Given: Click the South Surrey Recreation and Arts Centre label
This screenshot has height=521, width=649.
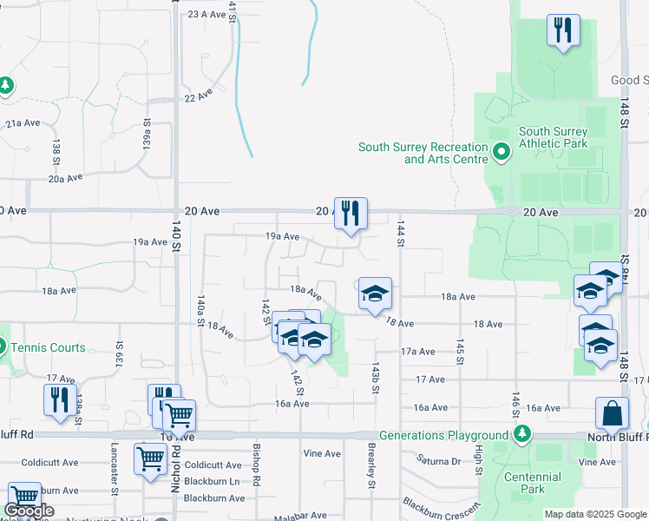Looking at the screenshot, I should [423, 153].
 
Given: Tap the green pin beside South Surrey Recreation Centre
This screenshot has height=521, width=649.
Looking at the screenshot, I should [501, 153].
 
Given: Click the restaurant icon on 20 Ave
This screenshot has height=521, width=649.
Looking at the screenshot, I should [351, 213].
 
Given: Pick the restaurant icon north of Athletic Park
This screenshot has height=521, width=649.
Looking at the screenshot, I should [563, 30].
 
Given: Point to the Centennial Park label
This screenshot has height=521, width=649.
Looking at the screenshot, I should [535, 483].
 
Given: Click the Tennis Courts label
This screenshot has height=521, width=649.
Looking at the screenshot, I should [49, 347].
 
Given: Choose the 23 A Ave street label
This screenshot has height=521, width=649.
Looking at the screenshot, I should [206, 14].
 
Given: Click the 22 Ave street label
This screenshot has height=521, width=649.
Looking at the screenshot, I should [199, 95].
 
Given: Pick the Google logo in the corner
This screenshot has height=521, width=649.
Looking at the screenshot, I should [29, 511].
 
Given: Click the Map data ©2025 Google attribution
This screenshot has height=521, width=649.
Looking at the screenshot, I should [594, 514].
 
